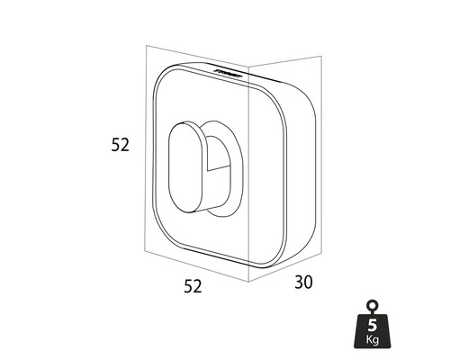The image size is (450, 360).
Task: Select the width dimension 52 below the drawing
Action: coord(193,286)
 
